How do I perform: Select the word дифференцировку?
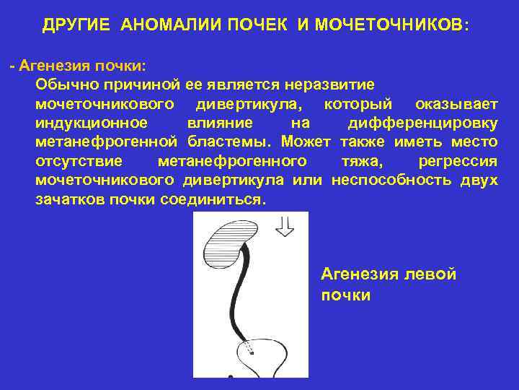pos(422,123)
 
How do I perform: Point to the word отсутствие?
pos(79,160)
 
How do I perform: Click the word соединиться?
pos(216,199)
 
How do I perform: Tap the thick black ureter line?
pos(236,296)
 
